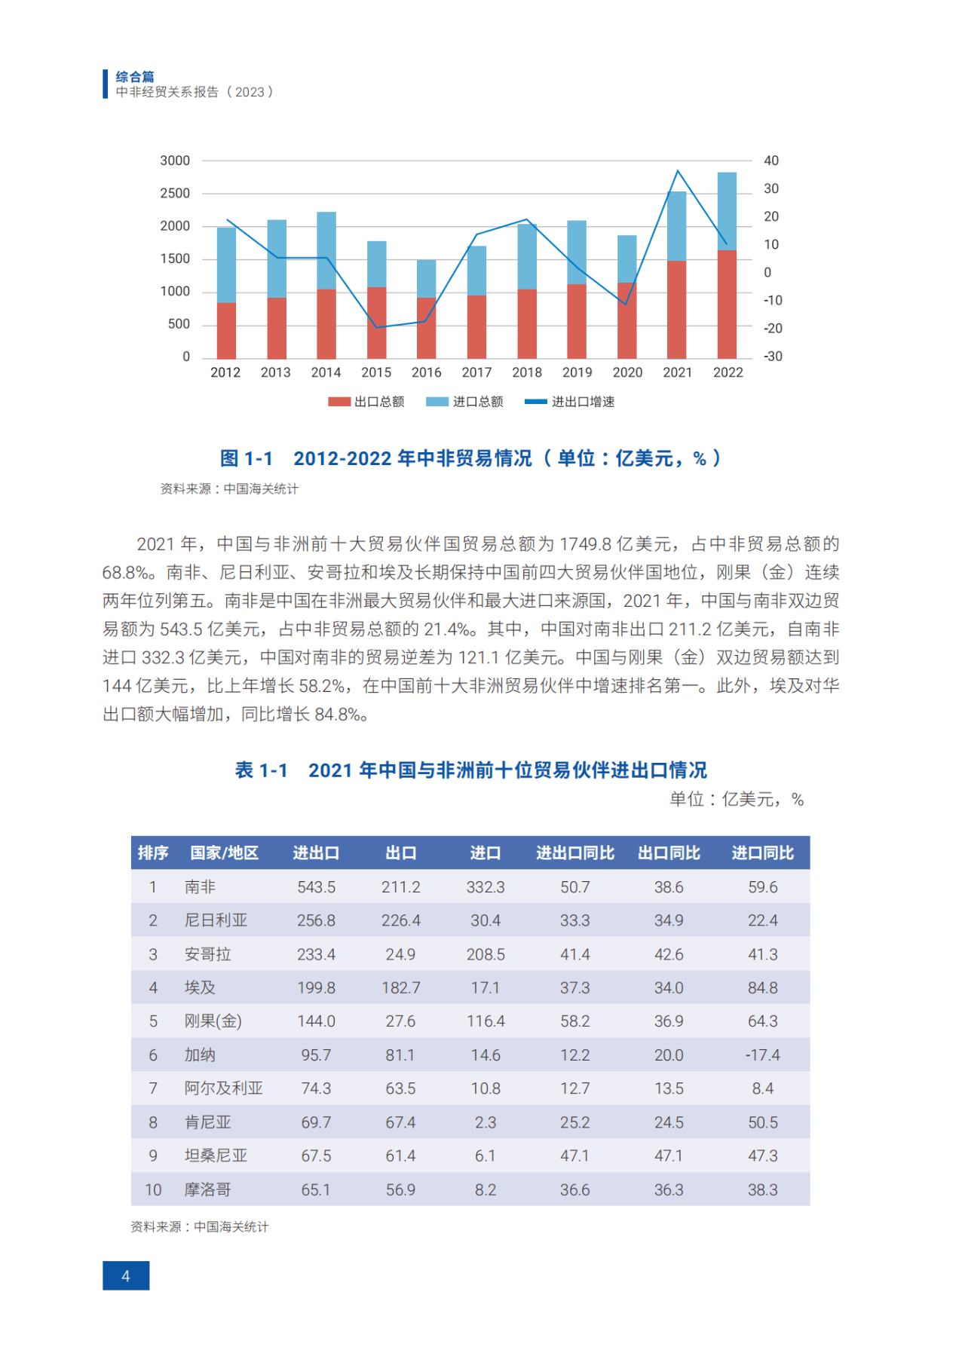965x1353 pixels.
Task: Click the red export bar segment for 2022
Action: (727, 305)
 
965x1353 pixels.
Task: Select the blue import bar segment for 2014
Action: (326, 250)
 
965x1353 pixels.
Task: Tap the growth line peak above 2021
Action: (678, 171)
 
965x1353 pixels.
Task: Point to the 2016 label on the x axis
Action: (426, 372)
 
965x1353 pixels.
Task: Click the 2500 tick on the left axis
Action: (175, 193)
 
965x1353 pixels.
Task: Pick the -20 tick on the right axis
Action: (773, 329)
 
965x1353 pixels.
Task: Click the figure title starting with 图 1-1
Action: (470, 458)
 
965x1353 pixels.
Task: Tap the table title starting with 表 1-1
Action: (470, 770)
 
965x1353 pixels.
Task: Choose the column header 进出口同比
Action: (574, 853)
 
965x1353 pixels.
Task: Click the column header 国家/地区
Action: (224, 853)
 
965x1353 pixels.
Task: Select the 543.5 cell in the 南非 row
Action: (316, 887)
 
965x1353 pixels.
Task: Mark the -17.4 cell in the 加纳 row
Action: (762, 1055)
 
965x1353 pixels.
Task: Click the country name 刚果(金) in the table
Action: (213, 1021)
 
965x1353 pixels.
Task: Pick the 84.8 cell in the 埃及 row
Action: (762, 987)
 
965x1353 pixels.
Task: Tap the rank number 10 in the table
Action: (153, 1189)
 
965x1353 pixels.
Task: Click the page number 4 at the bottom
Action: (126, 1276)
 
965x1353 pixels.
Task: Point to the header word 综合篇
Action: (135, 77)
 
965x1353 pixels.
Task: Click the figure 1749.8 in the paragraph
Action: (583, 544)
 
